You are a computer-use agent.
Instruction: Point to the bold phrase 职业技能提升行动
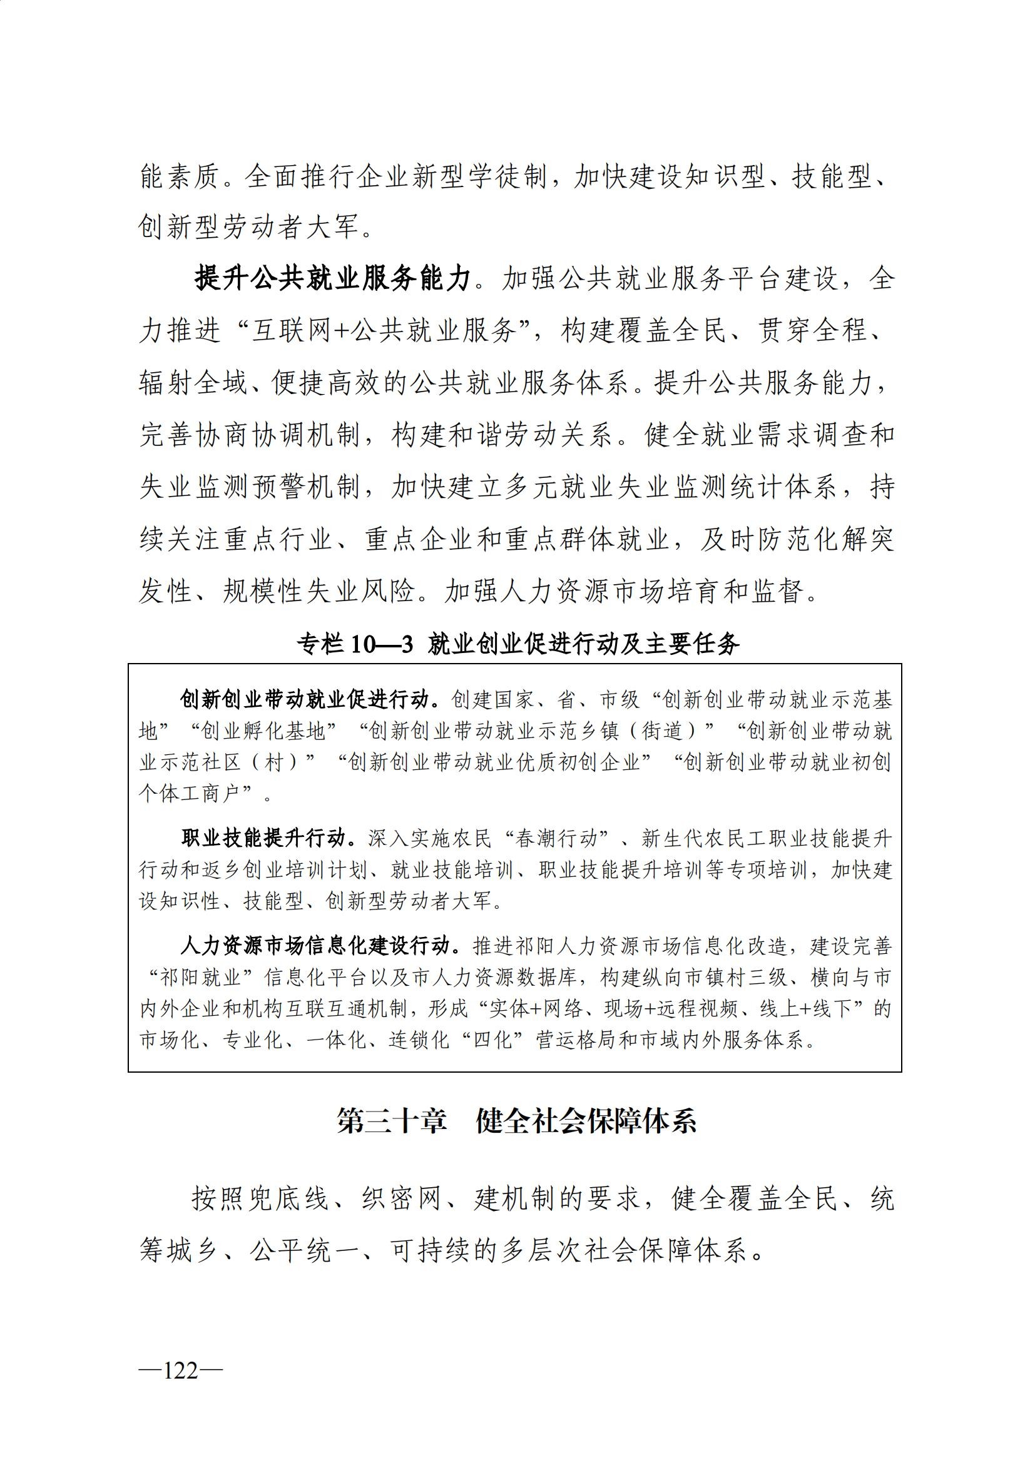click(268, 839)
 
